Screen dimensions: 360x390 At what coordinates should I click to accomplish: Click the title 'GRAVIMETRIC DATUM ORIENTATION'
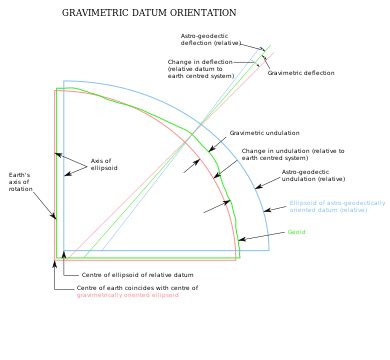(x=149, y=13)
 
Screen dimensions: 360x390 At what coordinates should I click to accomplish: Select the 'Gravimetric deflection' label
(x=301, y=73)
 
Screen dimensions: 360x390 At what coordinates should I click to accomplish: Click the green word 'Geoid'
(x=296, y=233)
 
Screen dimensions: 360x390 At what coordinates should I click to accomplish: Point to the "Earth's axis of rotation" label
(x=19, y=182)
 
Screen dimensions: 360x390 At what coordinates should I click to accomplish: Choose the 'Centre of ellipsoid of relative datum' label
(x=130, y=273)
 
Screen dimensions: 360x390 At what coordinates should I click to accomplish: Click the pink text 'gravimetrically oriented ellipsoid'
(x=128, y=296)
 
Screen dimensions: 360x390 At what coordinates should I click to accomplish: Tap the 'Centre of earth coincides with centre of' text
(x=137, y=288)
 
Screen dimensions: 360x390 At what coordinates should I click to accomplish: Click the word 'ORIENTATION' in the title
(x=201, y=13)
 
